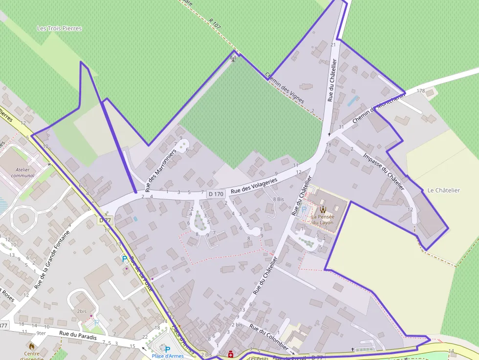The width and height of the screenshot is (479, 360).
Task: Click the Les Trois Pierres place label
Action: pos(59,28)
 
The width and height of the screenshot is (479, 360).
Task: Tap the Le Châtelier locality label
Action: pos(443,190)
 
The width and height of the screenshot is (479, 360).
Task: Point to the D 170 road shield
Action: pos(216,194)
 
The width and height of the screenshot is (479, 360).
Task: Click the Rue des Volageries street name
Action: pos(254,185)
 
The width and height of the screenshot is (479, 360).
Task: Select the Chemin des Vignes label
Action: pos(284,88)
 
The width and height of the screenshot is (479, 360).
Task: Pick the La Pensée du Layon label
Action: pos(322,219)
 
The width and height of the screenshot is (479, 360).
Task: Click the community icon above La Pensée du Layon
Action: pos(323,209)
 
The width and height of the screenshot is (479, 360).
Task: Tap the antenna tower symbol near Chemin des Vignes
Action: pos(233,59)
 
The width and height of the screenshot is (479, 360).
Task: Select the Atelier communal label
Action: pos(22,172)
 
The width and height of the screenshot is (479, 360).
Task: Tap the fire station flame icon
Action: pos(32,346)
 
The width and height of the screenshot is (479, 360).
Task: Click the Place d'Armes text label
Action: pos(168,356)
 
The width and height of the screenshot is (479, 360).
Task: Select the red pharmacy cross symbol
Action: pos(230,355)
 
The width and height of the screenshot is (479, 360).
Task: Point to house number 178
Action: pos(420,91)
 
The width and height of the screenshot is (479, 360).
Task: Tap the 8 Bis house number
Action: pos(278,199)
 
